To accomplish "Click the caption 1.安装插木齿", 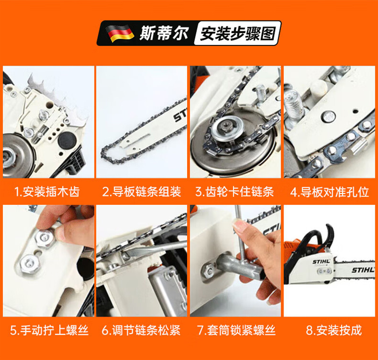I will coord(47,192).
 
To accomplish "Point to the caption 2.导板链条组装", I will coord(142,192).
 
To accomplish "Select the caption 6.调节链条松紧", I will coord(141,330).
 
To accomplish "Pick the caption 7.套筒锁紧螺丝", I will coord(235,330).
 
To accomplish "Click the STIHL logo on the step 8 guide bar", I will coord(362,270).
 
